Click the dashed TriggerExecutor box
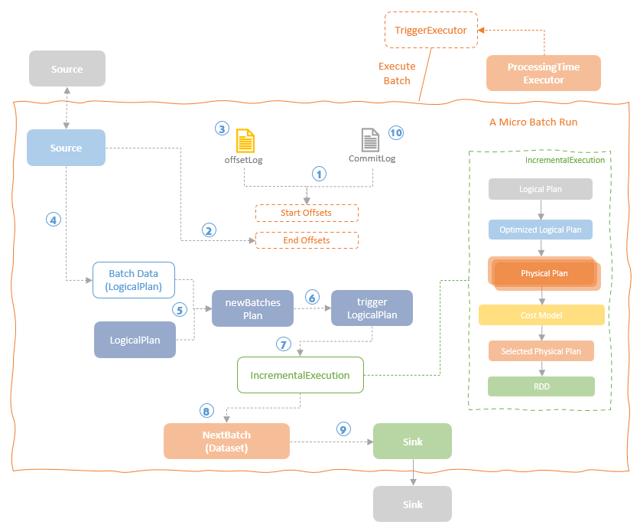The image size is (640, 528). [430, 31]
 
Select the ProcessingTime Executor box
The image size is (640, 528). [543, 73]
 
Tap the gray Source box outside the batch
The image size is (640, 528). [67, 69]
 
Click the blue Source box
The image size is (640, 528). [66, 148]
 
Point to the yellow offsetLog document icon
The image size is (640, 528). [245, 141]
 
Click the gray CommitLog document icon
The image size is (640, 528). [370, 140]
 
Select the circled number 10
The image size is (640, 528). [395, 132]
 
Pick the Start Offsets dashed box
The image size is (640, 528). [306, 212]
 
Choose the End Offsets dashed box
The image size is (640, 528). [306, 240]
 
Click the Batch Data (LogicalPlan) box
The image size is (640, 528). [133, 280]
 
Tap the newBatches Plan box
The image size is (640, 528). [252, 308]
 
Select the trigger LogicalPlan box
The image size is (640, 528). [372, 308]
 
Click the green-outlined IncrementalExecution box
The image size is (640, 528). [300, 375]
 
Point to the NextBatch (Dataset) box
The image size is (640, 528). [226, 442]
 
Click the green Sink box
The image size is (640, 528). [412, 442]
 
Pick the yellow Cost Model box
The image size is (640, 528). [541, 315]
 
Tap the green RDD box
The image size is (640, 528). [541, 386]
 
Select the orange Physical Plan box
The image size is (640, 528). [544, 273]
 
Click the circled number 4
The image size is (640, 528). [53, 220]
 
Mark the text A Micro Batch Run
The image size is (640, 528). [533, 122]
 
